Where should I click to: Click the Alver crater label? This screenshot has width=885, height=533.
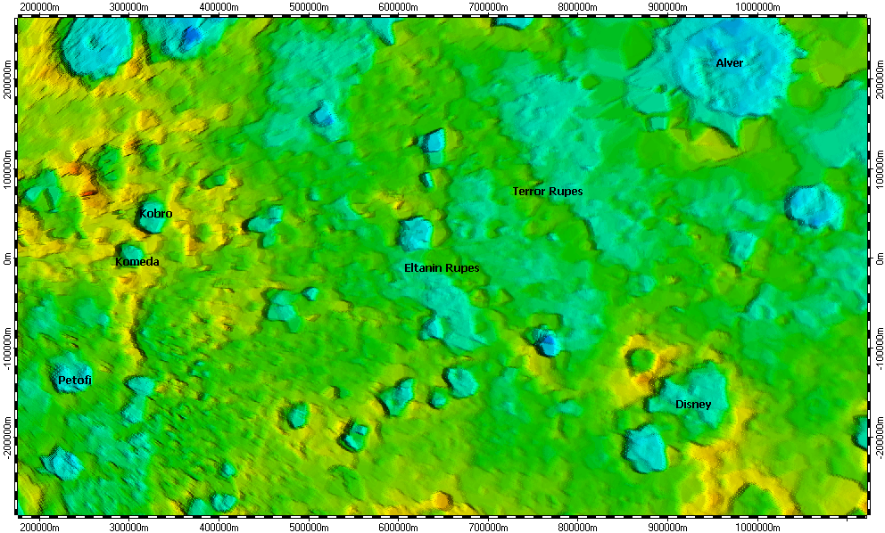pos(729,63)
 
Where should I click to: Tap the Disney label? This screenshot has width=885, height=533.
pos(693,405)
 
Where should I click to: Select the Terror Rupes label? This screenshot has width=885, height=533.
pos(547,192)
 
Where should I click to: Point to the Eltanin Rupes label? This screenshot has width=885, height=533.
pos(442,268)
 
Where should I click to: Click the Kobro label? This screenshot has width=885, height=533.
pos(155,214)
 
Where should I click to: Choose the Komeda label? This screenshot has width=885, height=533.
pos(137,262)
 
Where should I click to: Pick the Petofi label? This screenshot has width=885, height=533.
pos(75,381)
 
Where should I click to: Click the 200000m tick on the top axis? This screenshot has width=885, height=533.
pos(39,16)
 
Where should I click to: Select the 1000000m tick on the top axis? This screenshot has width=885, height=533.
pos(757,16)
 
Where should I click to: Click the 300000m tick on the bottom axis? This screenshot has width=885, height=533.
pos(128,515)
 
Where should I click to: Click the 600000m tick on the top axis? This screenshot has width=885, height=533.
pos(397,16)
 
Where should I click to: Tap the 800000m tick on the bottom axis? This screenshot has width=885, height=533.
pos(576,515)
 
